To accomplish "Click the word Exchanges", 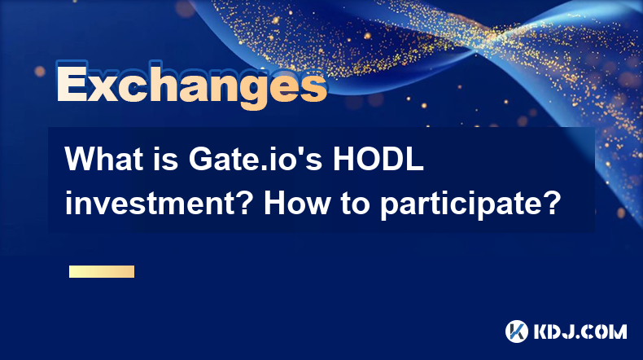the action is pos(191,85).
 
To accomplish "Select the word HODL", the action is pos(378,159).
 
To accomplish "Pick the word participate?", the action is pos(470,204).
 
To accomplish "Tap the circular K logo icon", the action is pos(517,331).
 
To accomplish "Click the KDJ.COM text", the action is pos(580,331).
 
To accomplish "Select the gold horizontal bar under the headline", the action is pos(102,271).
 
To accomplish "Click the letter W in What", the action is pos(81,159).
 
